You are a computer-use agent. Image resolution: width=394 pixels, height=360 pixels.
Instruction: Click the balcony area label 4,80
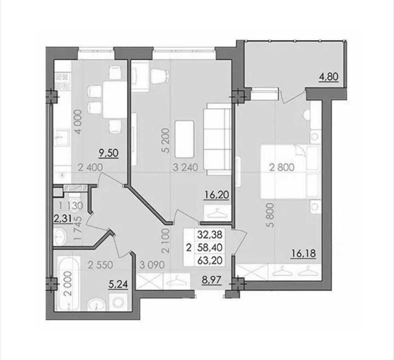tap(329, 77)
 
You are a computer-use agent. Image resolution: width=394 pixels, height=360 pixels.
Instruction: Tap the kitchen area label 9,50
tap(109, 153)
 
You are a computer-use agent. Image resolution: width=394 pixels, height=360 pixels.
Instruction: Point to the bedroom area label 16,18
tap(303, 254)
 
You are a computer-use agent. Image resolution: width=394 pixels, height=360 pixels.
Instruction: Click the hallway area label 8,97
tap(212, 280)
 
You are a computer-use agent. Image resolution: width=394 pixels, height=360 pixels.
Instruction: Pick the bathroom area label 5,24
tap(118, 284)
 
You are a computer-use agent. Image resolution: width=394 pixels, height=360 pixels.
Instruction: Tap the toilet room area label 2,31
tap(63, 219)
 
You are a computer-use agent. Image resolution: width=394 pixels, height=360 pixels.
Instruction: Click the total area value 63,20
tap(210, 260)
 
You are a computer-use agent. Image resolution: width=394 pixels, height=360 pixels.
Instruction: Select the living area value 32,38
tap(210, 235)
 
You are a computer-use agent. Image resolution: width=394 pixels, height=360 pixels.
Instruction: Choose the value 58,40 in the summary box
tap(210, 248)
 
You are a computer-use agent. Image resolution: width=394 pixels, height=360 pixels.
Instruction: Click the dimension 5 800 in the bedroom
tap(271, 215)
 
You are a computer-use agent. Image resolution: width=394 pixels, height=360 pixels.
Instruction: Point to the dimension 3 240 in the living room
tap(185, 167)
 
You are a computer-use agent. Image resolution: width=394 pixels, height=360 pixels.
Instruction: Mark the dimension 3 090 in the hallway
tap(152, 265)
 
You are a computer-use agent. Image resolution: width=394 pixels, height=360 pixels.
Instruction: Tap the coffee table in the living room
tap(185, 136)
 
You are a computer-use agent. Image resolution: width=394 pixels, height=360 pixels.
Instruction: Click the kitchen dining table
tap(115, 100)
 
